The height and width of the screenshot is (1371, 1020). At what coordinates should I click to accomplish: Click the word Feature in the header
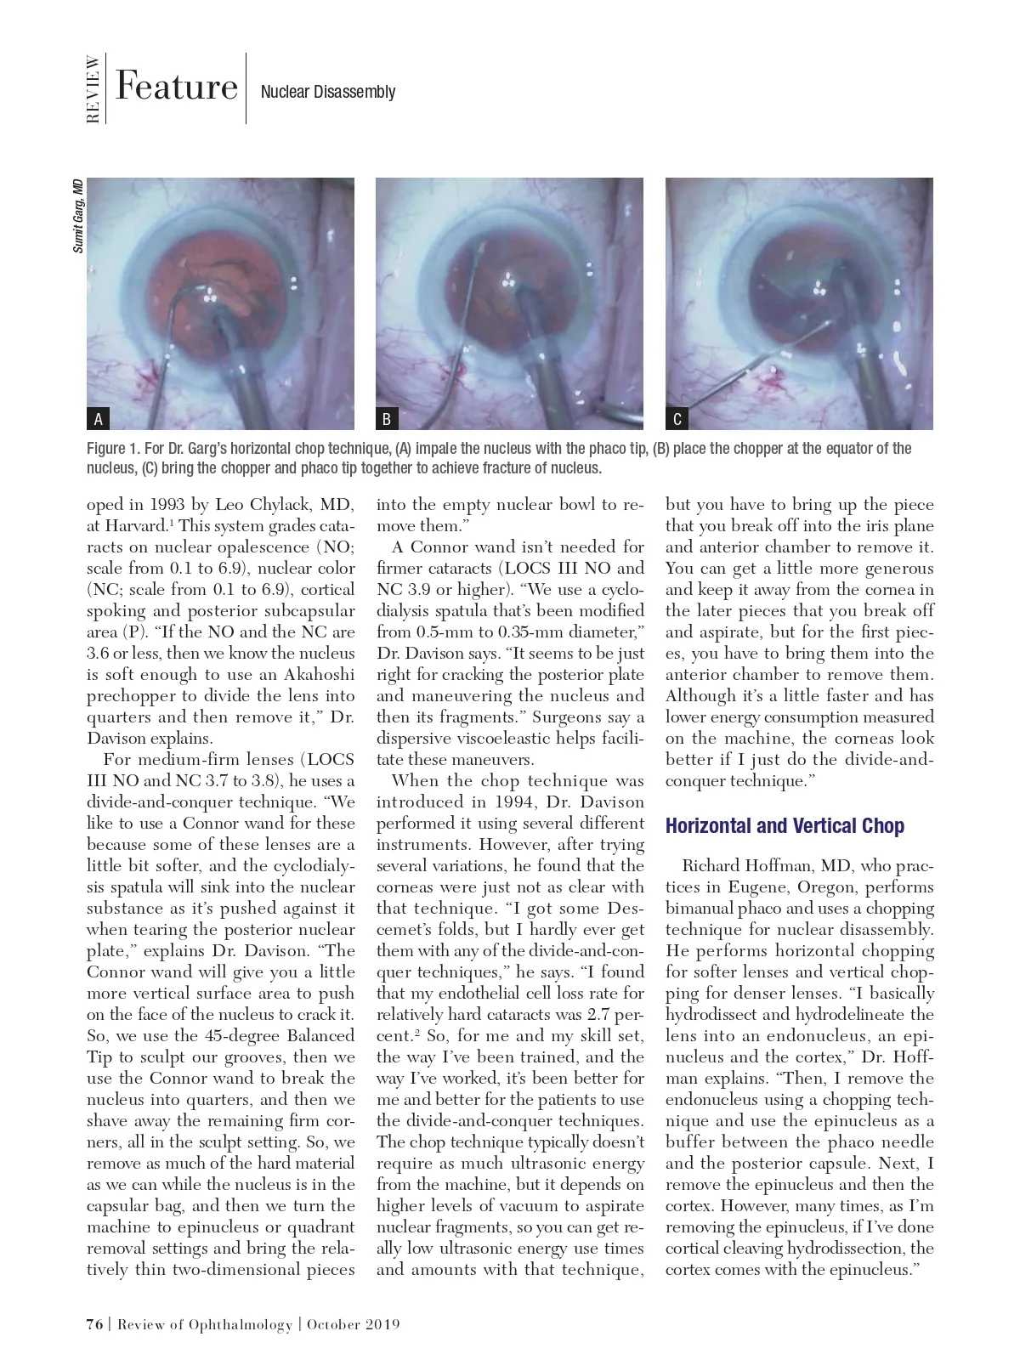pos(177,87)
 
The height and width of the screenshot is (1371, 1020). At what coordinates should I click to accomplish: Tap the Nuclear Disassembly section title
pos(328,92)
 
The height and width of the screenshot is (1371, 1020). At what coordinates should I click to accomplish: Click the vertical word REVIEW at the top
pos(93,88)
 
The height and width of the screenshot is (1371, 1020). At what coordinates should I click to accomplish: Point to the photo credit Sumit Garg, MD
pos(78,216)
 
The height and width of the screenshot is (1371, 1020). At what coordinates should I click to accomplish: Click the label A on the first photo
pos(99,419)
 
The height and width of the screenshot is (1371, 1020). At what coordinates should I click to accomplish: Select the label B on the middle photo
pos(388,419)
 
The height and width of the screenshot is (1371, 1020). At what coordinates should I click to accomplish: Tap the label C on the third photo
pos(677,419)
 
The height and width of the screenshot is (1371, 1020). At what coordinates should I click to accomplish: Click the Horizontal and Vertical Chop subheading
pos(785,826)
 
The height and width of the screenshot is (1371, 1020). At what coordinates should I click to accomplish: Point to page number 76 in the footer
pos(94,1324)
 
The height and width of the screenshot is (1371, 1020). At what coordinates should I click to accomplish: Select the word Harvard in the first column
pos(135,526)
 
